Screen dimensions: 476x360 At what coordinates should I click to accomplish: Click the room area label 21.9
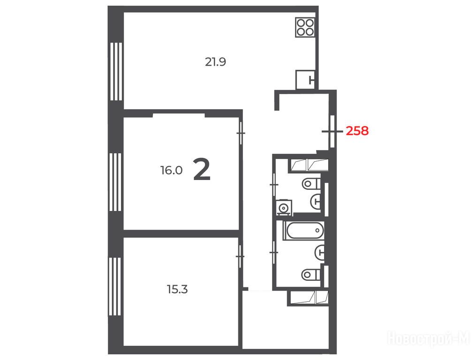pos(215,62)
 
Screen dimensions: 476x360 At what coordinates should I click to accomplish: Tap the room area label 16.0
pos(171,170)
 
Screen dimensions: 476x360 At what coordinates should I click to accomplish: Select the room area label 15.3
pos(177,290)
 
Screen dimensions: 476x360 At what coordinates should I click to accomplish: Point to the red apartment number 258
pos(357,131)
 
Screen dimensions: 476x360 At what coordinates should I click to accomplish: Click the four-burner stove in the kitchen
pos(305,27)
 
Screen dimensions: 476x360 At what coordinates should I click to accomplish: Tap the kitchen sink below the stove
pos(305,80)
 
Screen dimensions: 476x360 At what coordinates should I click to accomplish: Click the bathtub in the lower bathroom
pos(303,231)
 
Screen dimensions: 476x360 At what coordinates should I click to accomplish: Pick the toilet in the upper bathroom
pos(311,184)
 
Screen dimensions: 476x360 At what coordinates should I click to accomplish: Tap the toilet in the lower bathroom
pos(311,275)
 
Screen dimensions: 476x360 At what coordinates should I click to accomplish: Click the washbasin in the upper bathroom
pos(316,201)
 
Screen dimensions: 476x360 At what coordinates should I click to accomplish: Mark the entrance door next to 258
pos(332,131)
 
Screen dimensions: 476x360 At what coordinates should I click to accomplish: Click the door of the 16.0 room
pos(241,133)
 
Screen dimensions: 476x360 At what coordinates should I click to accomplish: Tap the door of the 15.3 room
pos(240,256)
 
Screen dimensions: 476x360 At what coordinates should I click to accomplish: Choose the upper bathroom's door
pos(274,185)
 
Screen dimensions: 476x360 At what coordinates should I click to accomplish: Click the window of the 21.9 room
pos(116,71)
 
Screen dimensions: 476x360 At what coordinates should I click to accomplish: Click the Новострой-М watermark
pos(429,338)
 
